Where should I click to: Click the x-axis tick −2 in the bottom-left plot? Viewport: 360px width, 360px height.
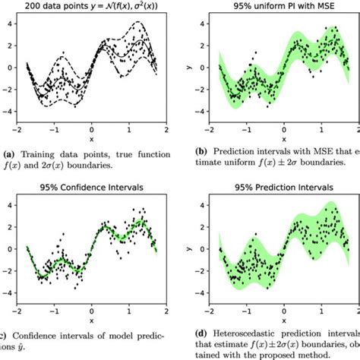tap(18, 309)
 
